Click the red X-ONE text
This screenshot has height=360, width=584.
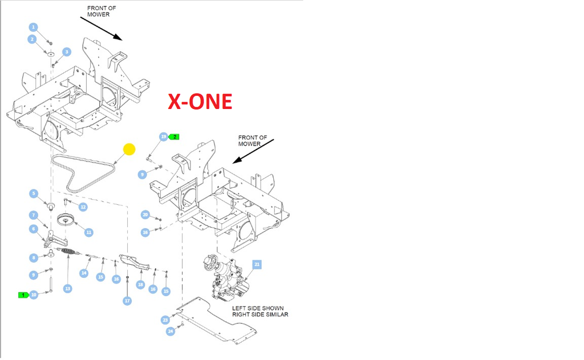tap(200, 101)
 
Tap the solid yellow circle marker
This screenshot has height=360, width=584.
tap(129, 149)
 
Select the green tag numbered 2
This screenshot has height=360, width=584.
tap(175, 137)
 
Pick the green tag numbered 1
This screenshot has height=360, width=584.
tap(23, 294)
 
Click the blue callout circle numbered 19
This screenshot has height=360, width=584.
tap(163, 137)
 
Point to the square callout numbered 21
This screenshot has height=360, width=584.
tap(257, 265)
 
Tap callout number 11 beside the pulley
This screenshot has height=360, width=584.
tap(88, 232)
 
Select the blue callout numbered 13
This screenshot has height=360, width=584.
tap(67, 289)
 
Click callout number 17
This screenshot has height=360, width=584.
tap(127, 300)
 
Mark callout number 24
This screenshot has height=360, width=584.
tap(170, 331)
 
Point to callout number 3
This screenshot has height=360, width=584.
tap(67, 52)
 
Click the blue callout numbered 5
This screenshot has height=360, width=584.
tap(34, 193)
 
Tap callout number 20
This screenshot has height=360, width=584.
tap(145, 215)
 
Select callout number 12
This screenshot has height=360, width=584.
tap(83, 207)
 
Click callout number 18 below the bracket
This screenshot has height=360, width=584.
tap(140, 284)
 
